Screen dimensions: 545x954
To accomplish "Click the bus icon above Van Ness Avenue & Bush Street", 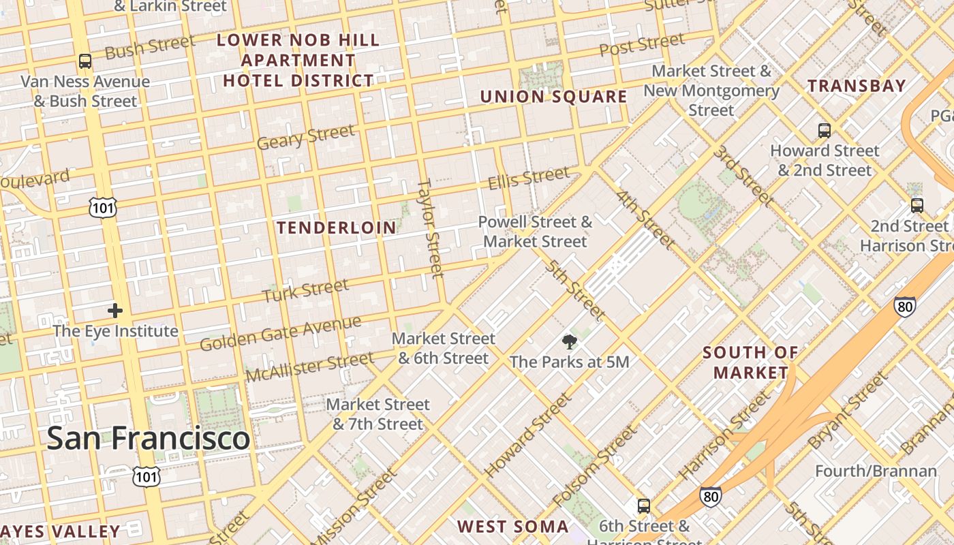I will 85,61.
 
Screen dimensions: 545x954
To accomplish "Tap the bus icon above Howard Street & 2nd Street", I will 825,130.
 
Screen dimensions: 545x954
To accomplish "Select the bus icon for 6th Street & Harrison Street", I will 643,506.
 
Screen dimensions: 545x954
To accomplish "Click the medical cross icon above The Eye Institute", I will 115,311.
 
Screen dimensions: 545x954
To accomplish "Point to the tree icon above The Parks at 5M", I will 569,341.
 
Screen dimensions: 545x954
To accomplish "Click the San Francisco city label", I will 148,437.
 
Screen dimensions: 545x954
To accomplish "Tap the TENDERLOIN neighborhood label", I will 337,228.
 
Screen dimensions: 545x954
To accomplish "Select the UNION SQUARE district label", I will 553,97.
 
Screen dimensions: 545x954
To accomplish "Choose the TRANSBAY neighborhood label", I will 857,86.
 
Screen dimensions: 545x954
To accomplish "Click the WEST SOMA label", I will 512,526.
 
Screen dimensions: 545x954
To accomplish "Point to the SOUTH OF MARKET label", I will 750,362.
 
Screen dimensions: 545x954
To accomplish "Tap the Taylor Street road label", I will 431,228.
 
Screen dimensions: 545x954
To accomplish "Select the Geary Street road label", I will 306,136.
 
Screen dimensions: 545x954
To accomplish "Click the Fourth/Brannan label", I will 876,471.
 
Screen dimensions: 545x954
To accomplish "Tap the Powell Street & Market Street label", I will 535,232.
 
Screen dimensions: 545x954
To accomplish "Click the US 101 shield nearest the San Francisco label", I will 146,476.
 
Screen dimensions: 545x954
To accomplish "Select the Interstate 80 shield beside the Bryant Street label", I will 905,307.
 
